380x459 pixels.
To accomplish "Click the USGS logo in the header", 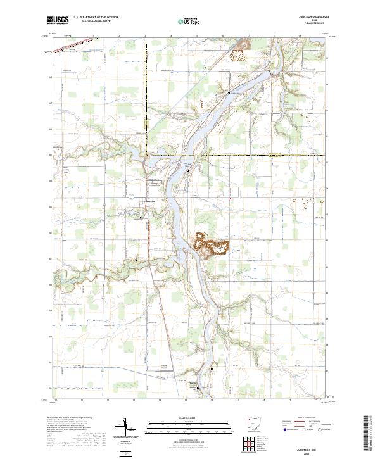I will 58,20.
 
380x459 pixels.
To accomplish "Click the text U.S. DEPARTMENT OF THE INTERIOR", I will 96,18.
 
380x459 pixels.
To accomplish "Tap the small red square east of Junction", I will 231,199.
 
